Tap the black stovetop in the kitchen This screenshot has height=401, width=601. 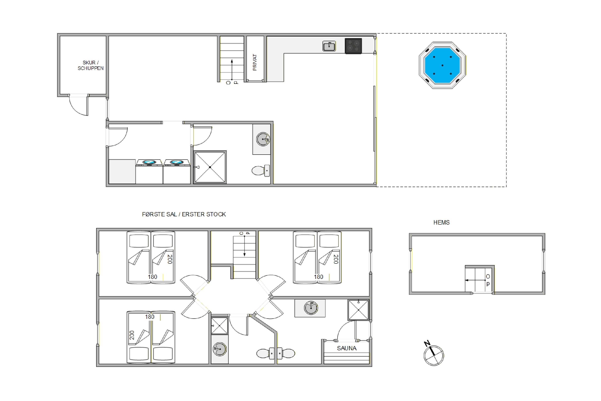[x=353, y=46]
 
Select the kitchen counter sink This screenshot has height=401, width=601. [x=329, y=46]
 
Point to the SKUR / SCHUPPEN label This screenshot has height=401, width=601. [x=91, y=66]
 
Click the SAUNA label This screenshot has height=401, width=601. [x=347, y=348]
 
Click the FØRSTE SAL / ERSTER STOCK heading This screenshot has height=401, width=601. [x=184, y=214]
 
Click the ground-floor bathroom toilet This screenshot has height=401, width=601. [x=261, y=171]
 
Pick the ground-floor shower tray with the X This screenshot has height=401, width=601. [x=210, y=167]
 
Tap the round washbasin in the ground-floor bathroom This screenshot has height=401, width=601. [x=263, y=139]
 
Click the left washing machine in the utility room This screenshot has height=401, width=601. [x=149, y=171]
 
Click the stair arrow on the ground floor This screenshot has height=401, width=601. [x=232, y=70]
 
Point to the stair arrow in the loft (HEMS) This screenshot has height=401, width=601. [x=475, y=280]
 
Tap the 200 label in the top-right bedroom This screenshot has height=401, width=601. [x=336, y=259]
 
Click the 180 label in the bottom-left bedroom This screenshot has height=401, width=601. [x=150, y=317]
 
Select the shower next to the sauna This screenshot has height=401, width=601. [x=358, y=310]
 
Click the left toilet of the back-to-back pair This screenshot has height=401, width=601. [x=265, y=353]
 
